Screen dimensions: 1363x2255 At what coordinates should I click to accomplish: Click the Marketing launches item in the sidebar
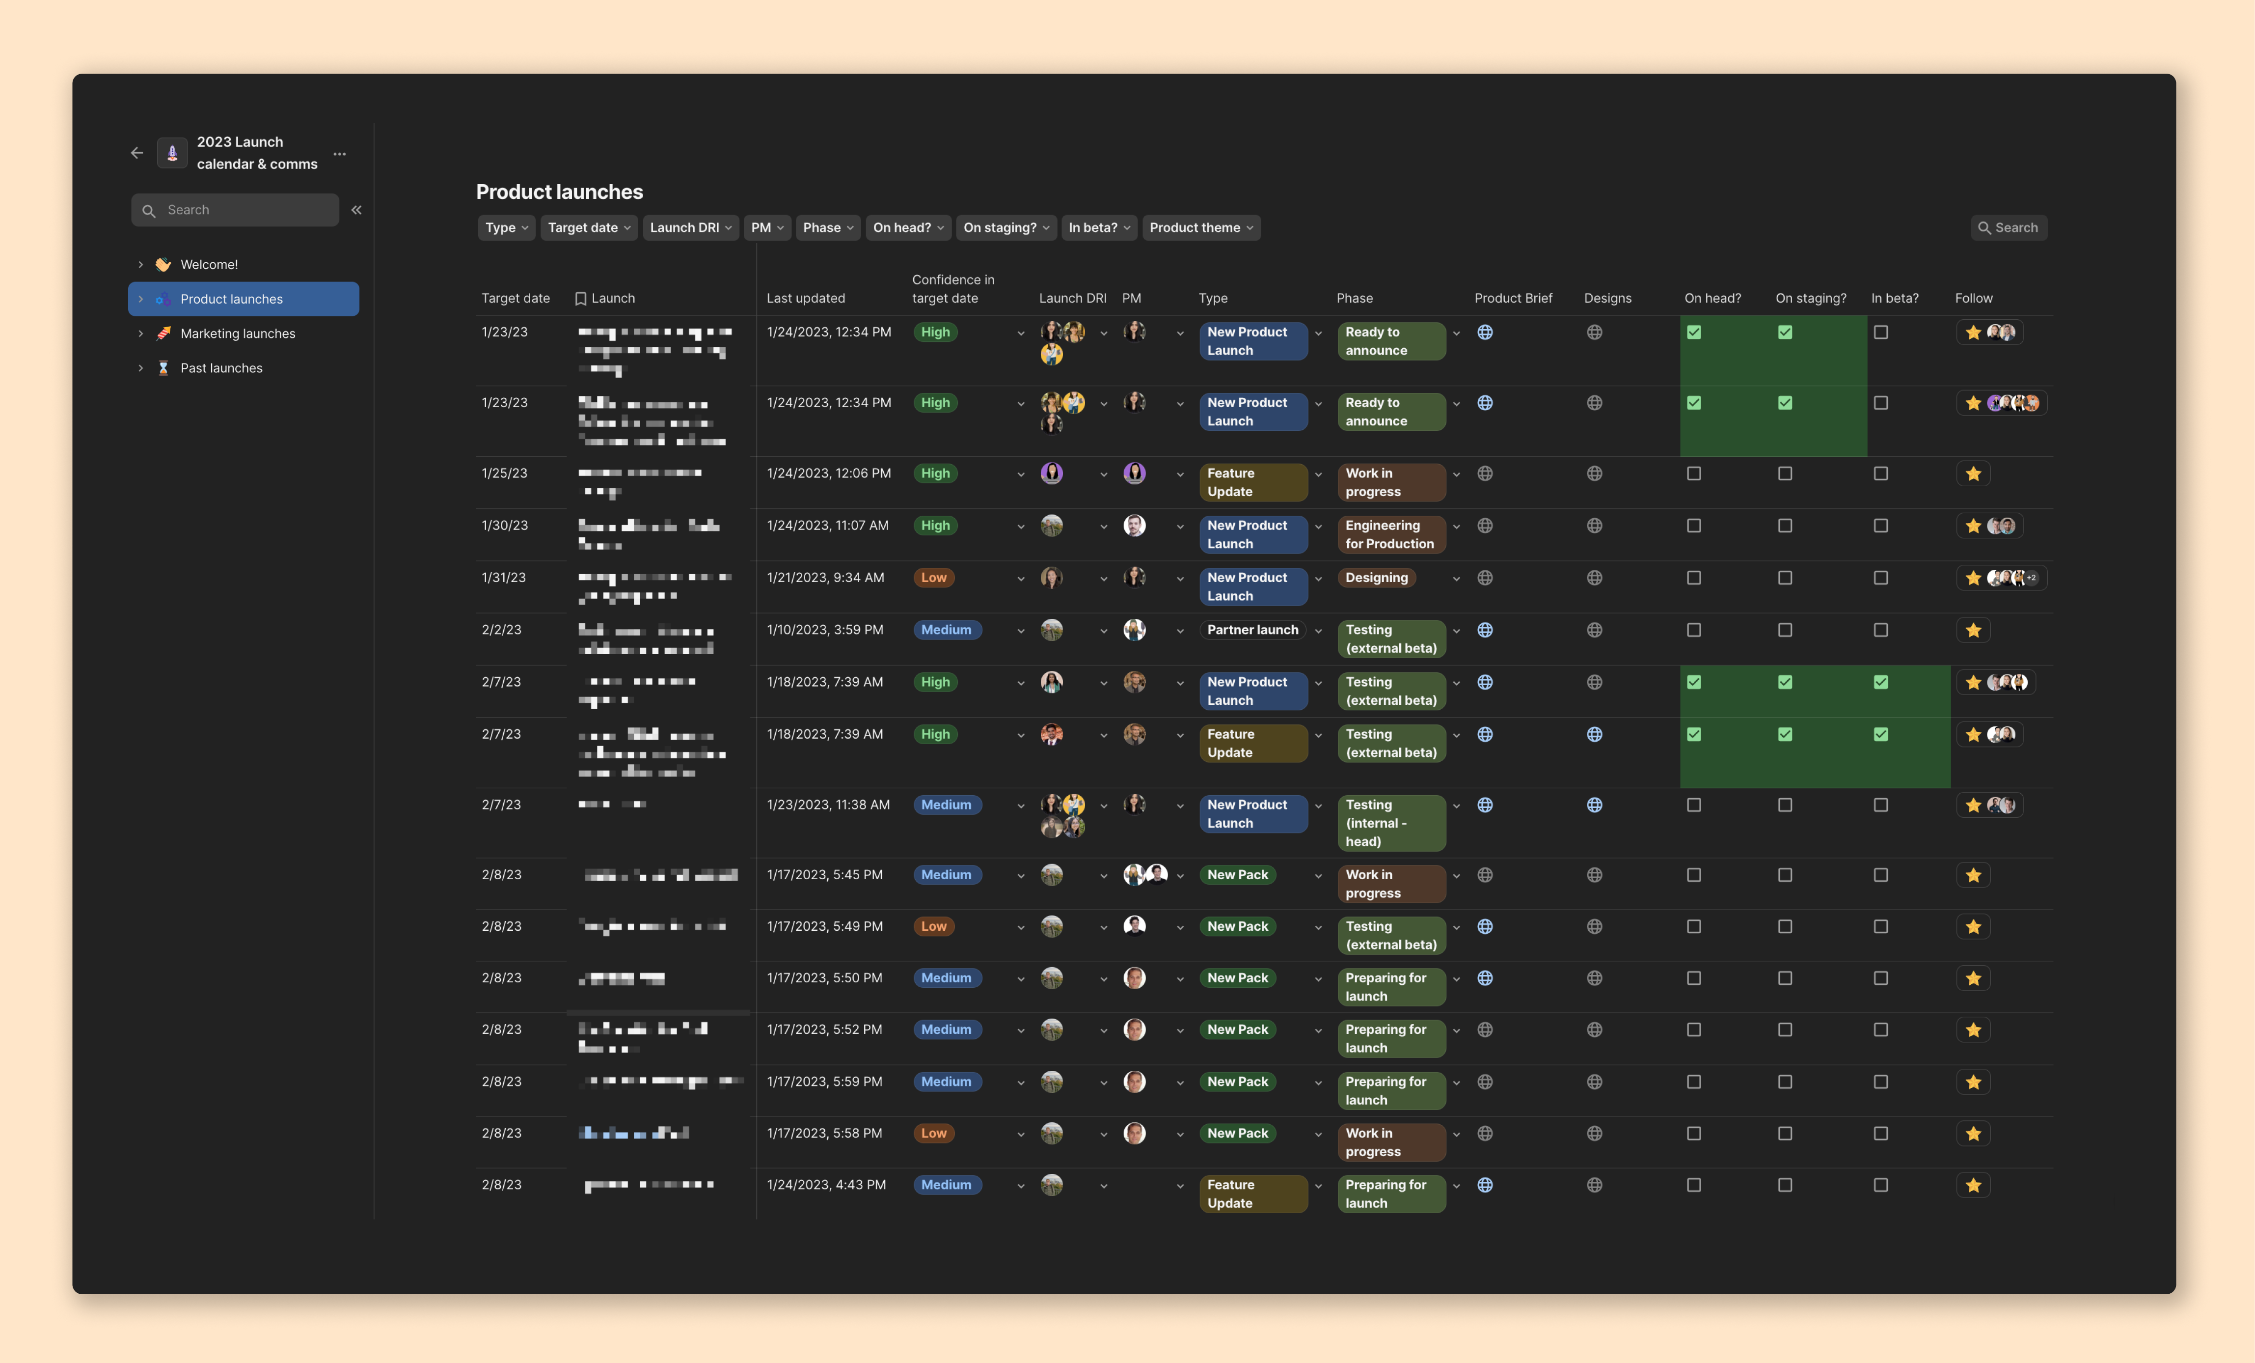click(237, 333)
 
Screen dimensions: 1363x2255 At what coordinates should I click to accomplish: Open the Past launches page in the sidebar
click(220, 368)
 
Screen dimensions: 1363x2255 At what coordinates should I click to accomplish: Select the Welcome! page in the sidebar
click(209, 265)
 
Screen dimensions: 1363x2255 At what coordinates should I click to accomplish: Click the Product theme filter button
click(1200, 228)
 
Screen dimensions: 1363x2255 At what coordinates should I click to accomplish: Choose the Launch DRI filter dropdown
click(690, 228)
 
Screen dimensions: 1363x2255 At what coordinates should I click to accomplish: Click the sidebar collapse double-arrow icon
click(356, 210)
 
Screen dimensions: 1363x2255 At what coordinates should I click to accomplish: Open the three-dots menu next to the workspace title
click(340, 154)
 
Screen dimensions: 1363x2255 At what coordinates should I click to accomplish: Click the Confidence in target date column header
click(952, 288)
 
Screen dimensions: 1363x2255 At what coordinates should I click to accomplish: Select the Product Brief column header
click(1513, 299)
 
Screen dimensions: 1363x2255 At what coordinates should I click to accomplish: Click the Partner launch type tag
click(1252, 630)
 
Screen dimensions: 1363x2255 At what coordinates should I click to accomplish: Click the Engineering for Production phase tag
click(1389, 534)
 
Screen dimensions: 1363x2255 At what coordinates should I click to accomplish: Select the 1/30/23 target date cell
click(504, 526)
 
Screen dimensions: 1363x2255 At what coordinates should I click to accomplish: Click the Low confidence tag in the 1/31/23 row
click(933, 578)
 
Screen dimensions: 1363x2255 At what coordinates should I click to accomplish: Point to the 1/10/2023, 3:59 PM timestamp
click(825, 630)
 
